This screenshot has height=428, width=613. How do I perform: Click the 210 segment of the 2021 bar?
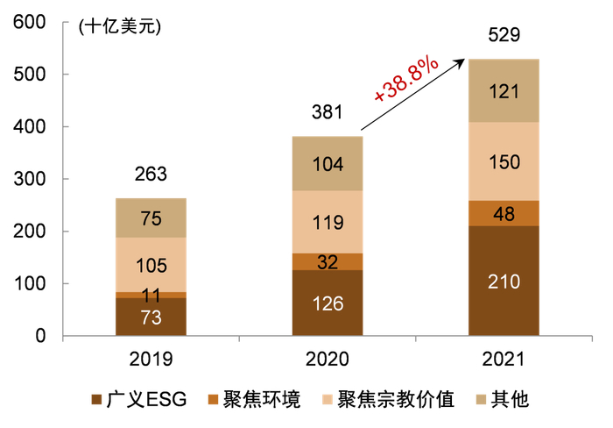point(504,281)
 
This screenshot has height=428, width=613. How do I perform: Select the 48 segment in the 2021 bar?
point(504,213)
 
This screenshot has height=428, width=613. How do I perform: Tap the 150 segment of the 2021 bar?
point(504,161)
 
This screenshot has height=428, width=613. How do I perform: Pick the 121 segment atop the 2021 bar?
point(504,90)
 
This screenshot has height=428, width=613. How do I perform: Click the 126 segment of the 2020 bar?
point(328,303)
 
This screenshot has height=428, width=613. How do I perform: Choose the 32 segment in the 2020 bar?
point(328,261)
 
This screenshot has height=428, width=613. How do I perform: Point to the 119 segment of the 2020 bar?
point(328,222)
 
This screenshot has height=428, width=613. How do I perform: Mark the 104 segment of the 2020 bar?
point(328,163)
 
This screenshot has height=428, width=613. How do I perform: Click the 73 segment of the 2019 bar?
point(151,317)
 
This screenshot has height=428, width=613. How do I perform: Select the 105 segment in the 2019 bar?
point(151,265)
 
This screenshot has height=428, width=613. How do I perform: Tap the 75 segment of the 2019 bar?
point(151,218)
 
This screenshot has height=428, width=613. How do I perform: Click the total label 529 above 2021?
point(504,35)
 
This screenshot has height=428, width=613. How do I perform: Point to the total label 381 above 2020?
point(328,112)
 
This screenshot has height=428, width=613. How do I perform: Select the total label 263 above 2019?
point(151,174)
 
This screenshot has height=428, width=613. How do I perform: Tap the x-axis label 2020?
point(328,360)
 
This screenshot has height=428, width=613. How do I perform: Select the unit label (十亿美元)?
point(119,27)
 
